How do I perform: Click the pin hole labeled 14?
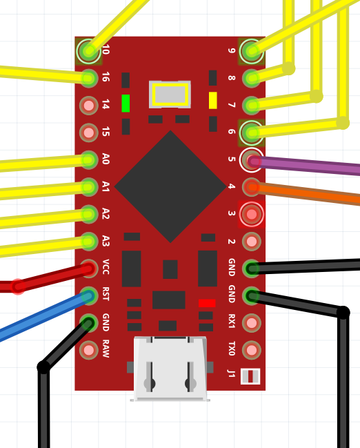(89, 106)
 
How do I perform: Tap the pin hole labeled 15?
(89, 133)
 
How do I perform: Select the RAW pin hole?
(89, 350)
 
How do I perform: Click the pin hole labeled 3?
(252, 214)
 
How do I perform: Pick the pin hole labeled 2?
(252, 242)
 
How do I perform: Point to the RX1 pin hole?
(252, 323)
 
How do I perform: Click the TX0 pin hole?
(252, 350)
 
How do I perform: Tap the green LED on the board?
(126, 103)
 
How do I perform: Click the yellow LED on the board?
(212, 100)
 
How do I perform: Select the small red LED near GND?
(207, 303)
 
